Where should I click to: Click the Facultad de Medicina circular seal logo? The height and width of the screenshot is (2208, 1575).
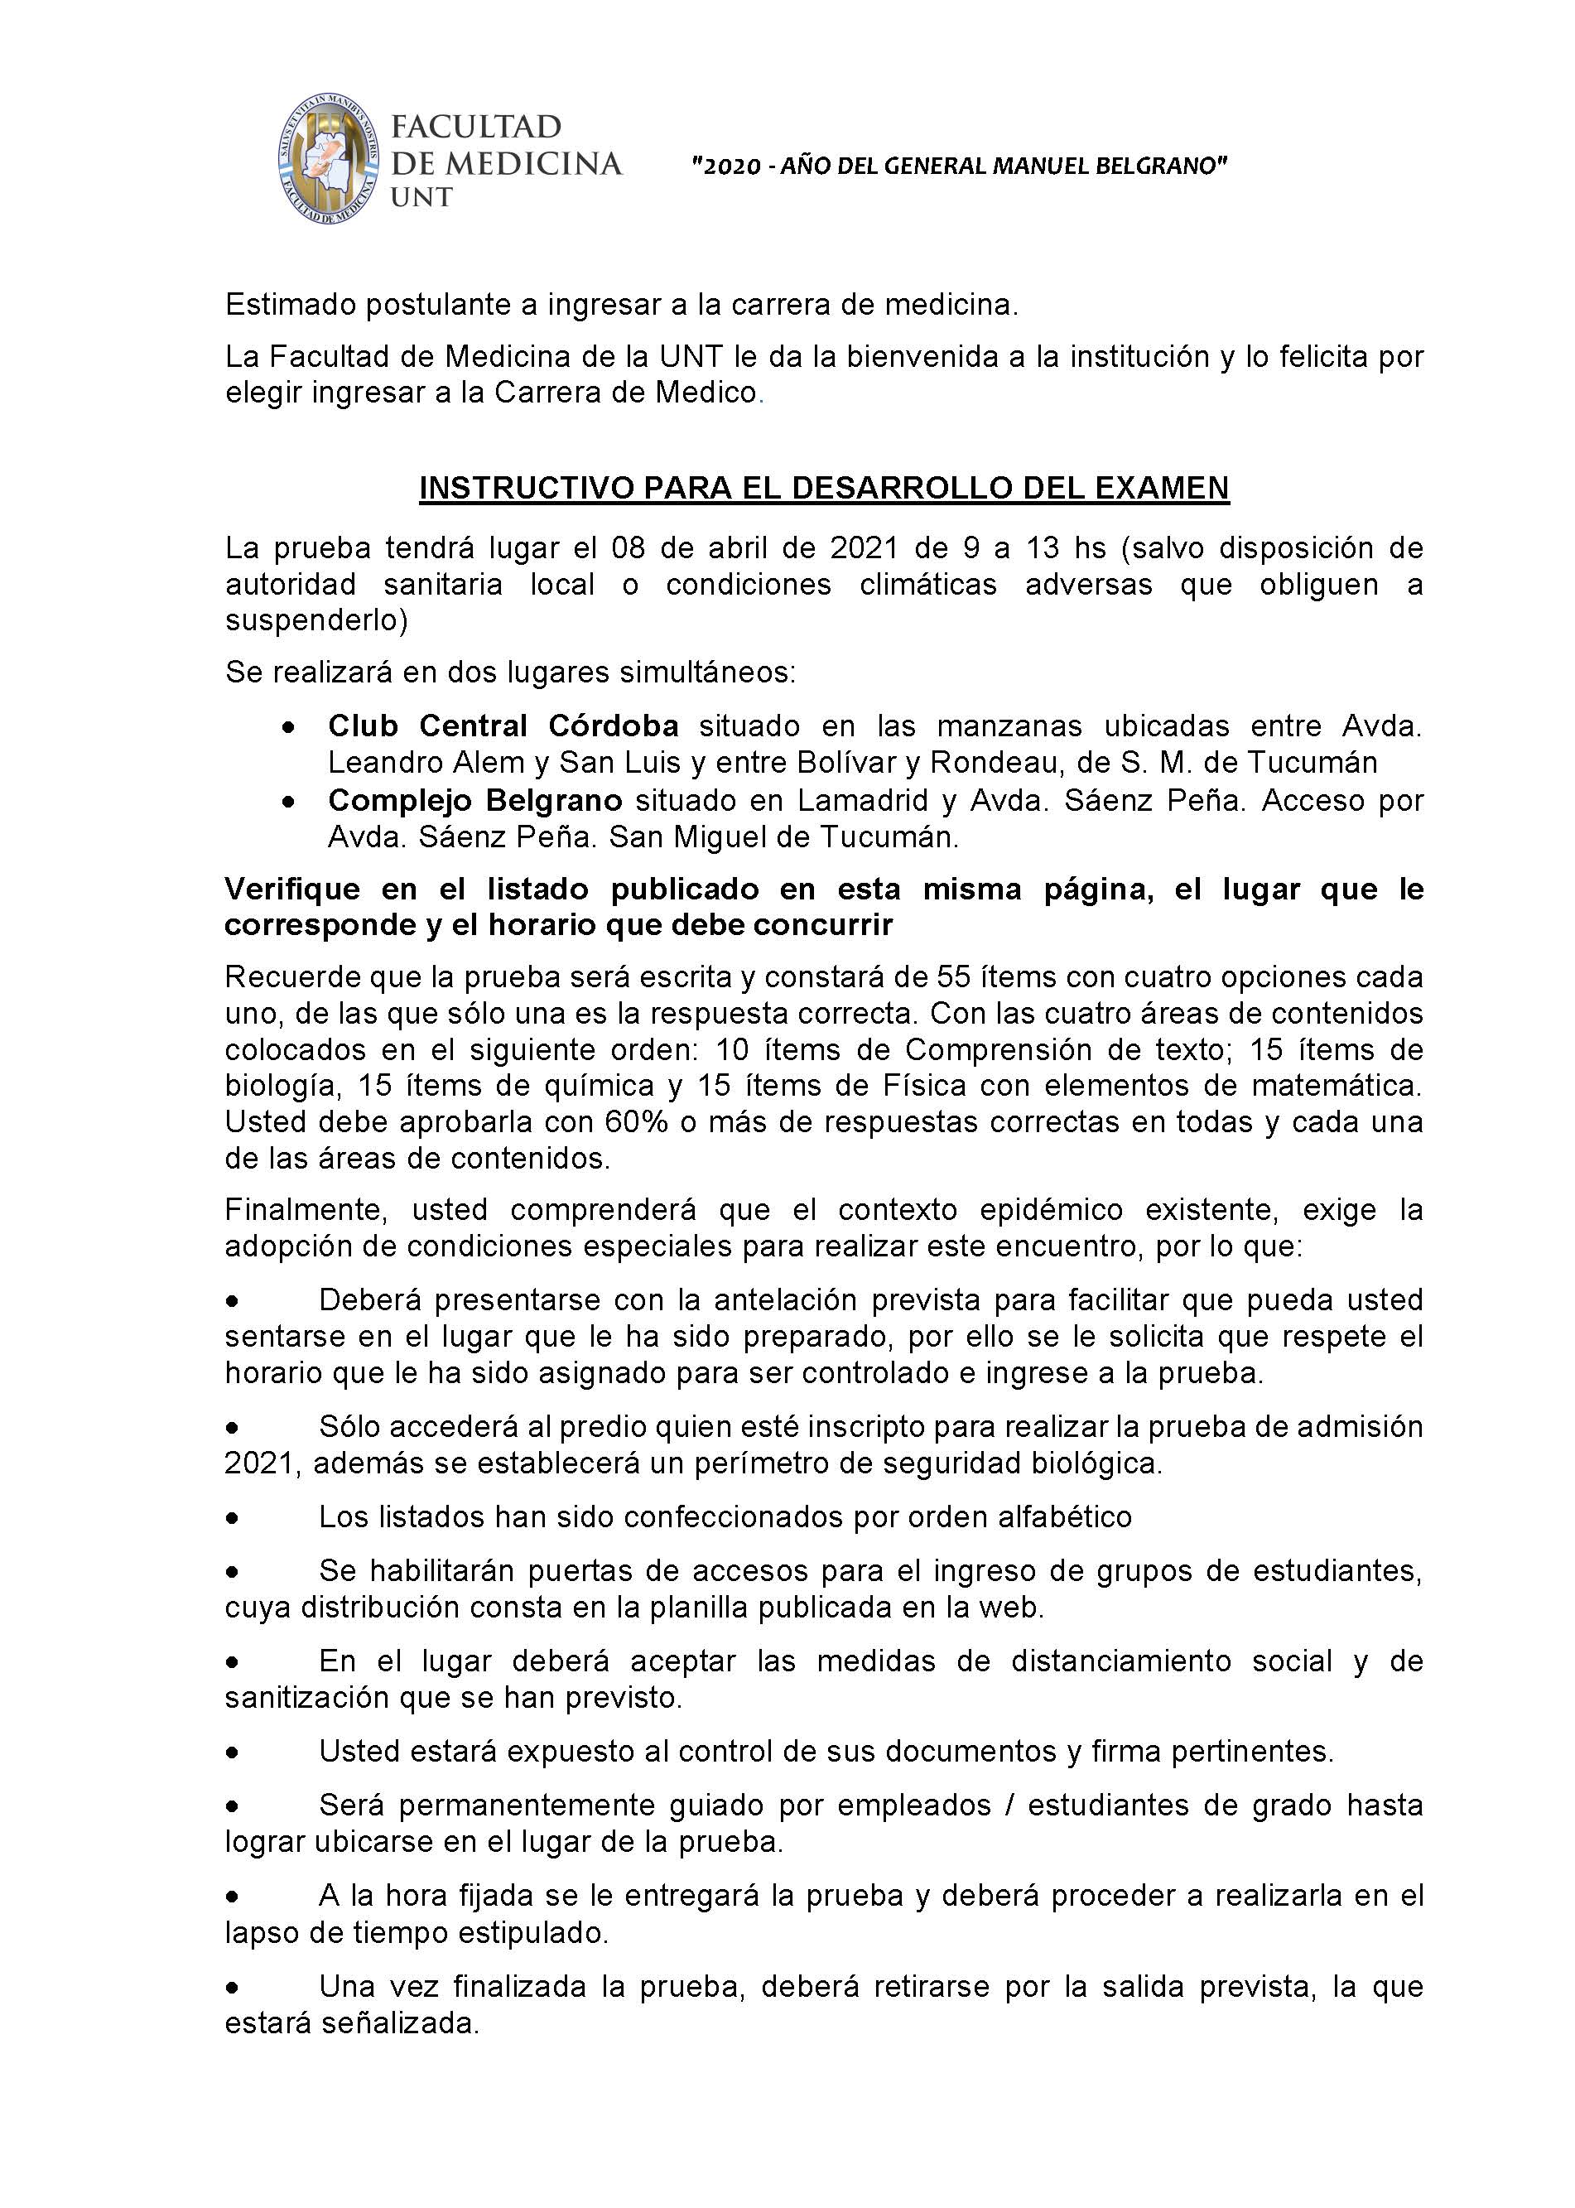328,161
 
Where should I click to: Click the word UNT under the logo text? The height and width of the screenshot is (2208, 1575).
421,198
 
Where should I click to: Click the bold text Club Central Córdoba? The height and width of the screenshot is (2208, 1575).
503,726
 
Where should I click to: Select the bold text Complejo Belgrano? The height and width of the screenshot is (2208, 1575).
475,800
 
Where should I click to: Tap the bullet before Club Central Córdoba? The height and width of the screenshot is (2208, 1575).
287,726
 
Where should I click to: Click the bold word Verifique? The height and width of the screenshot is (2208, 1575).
293,889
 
